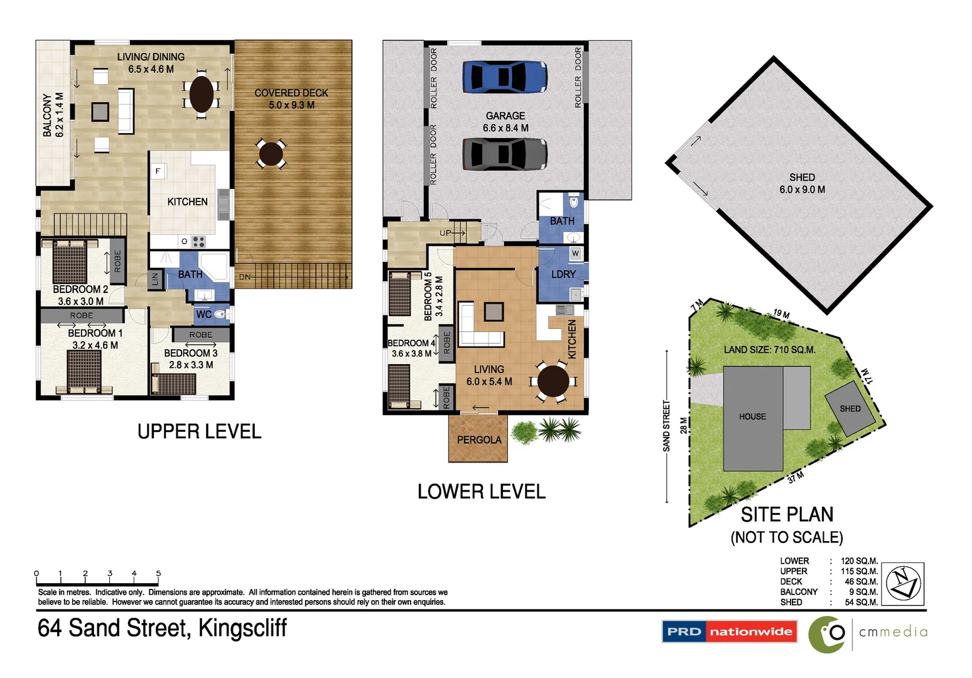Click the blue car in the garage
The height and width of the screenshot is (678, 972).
pyautogui.click(x=505, y=77)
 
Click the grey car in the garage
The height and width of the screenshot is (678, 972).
pyautogui.click(x=505, y=154)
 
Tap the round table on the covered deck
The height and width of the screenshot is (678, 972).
pyautogui.click(x=271, y=153)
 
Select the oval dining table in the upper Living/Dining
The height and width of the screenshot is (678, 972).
pyautogui.click(x=202, y=94)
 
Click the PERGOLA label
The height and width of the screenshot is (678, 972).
pyautogui.click(x=479, y=440)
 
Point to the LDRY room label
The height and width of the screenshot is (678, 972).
pyautogui.click(x=563, y=274)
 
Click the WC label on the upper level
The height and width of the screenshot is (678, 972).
pyautogui.click(x=203, y=315)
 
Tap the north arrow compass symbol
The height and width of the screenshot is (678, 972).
pyautogui.click(x=903, y=583)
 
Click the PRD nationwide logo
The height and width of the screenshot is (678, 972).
pyautogui.click(x=729, y=632)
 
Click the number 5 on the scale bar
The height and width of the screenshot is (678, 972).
pyautogui.click(x=158, y=573)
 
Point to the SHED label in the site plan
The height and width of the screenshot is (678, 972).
pyautogui.click(x=850, y=409)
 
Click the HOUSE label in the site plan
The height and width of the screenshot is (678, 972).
pyautogui.click(x=752, y=417)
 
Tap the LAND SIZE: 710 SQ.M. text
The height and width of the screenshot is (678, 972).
pyautogui.click(x=769, y=350)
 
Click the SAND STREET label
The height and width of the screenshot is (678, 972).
pyautogui.click(x=666, y=426)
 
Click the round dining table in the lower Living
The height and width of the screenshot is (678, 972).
pyautogui.click(x=553, y=381)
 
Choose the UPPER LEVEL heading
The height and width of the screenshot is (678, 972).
pyautogui.click(x=199, y=432)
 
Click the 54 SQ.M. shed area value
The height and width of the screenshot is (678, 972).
pyautogui.click(x=861, y=602)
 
